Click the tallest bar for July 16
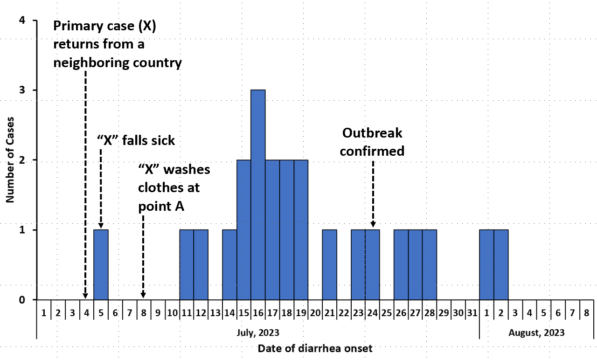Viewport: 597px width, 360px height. point(258,194)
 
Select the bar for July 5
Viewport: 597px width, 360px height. point(101,264)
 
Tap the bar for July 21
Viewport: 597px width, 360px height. point(329,264)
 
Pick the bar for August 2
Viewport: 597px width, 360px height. point(501,264)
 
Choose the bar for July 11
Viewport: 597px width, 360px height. point(187,264)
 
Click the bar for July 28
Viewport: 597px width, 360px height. point(430,264)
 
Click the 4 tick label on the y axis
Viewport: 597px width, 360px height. point(22,21)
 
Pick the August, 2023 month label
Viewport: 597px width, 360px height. point(536,333)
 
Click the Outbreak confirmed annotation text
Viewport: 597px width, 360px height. point(373,142)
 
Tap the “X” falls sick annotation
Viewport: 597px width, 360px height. point(136,140)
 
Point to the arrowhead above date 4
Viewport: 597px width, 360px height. point(85,295)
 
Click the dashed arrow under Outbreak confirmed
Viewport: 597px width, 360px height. point(373,191)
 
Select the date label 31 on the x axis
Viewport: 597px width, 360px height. point(472,313)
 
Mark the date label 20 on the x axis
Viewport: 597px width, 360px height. point(315,313)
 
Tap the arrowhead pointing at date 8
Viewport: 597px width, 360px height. point(143,295)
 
